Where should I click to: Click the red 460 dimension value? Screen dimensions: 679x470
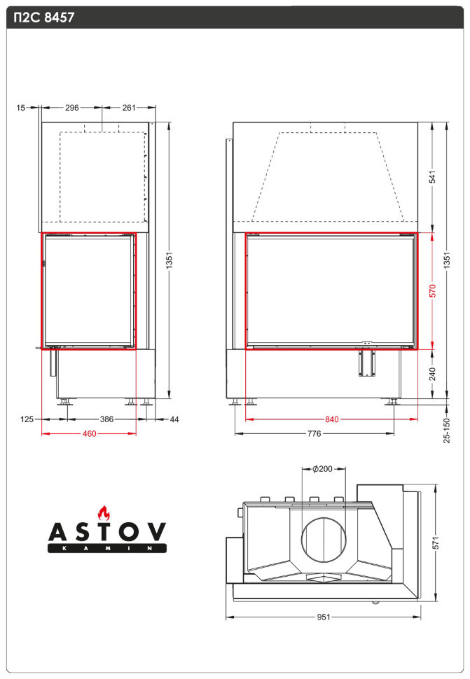point(89,434)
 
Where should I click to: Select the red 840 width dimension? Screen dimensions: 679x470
point(331,420)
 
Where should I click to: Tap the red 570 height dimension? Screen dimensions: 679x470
point(432,290)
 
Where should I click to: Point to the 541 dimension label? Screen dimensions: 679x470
point(432,178)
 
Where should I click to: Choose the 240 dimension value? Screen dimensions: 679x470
point(432,374)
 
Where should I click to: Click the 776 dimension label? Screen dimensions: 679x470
point(314,434)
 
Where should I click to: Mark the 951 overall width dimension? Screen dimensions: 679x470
point(323,617)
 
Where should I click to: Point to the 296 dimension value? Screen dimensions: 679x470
point(71,108)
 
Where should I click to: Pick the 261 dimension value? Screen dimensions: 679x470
point(129,108)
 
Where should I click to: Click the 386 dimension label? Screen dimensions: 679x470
point(106,419)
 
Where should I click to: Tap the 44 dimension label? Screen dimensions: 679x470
point(174,419)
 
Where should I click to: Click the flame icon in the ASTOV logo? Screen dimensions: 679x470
point(104,512)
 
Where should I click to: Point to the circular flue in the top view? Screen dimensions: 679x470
point(324,538)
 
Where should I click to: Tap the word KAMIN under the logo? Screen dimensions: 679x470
point(106,549)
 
